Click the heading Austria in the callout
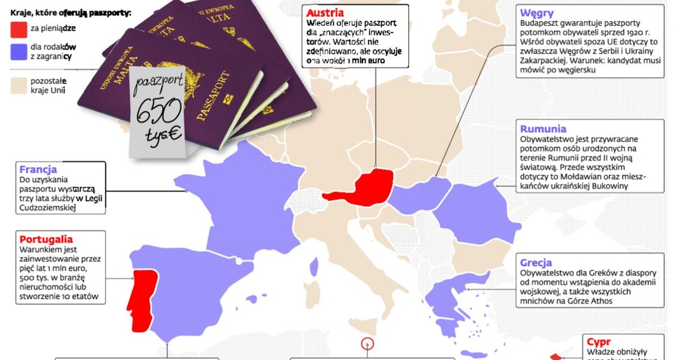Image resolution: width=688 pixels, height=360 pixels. pyautogui.click(x=325, y=13)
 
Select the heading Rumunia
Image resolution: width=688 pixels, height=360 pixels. pyautogui.click(x=543, y=129)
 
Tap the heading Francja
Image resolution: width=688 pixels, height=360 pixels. pyautogui.click(x=38, y=170)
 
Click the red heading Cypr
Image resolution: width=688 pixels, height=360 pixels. pyautogui.click(x=599, y=343)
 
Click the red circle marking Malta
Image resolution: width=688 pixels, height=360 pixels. pyautogui.click(x=367, y=344)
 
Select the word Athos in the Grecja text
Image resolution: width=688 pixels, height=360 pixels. pyautogui.click(x=600, y=301)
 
